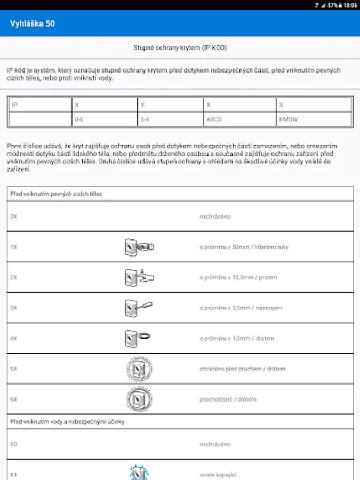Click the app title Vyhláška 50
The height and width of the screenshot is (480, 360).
(32, 23)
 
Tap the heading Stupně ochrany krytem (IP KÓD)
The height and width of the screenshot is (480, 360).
(180, 48)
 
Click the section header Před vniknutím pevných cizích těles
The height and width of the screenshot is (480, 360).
(56, 194)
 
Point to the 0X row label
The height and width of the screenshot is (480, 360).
(14, 217)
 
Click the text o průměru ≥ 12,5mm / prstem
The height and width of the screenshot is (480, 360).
(238, 277)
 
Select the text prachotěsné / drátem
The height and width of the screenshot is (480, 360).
(228, 399)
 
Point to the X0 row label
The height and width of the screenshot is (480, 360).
(14, 444)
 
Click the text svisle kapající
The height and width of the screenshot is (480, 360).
(218, 474)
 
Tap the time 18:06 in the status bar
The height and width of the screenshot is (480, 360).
(350, 5)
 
